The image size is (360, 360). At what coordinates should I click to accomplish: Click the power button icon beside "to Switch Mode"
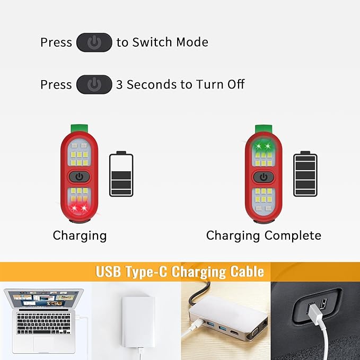[94, 42]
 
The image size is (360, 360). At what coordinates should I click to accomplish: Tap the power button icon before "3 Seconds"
[94, 84]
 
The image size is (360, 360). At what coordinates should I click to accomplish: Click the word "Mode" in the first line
[192, 42]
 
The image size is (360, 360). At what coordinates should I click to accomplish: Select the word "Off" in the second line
[236, 84]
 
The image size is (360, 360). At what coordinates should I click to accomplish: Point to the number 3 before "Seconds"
[119, 84]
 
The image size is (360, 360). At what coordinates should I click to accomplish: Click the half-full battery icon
[121, 174]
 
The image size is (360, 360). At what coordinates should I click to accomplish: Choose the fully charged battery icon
[305, 174]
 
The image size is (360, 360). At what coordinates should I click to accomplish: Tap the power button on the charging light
[79, 177]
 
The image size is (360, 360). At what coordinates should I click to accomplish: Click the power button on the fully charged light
[264, 177]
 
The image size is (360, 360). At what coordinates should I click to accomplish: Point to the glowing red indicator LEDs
[79, 208]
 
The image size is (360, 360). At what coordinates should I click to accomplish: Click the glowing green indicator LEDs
[263, 146]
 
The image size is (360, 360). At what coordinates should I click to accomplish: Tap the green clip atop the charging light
[79, 128]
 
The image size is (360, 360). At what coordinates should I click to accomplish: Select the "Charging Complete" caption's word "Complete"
[293, 235]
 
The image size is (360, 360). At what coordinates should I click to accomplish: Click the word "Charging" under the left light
[80, 236]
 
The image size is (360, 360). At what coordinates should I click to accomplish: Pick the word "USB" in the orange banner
[108, 271]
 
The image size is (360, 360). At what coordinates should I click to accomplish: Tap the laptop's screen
[43, 298]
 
